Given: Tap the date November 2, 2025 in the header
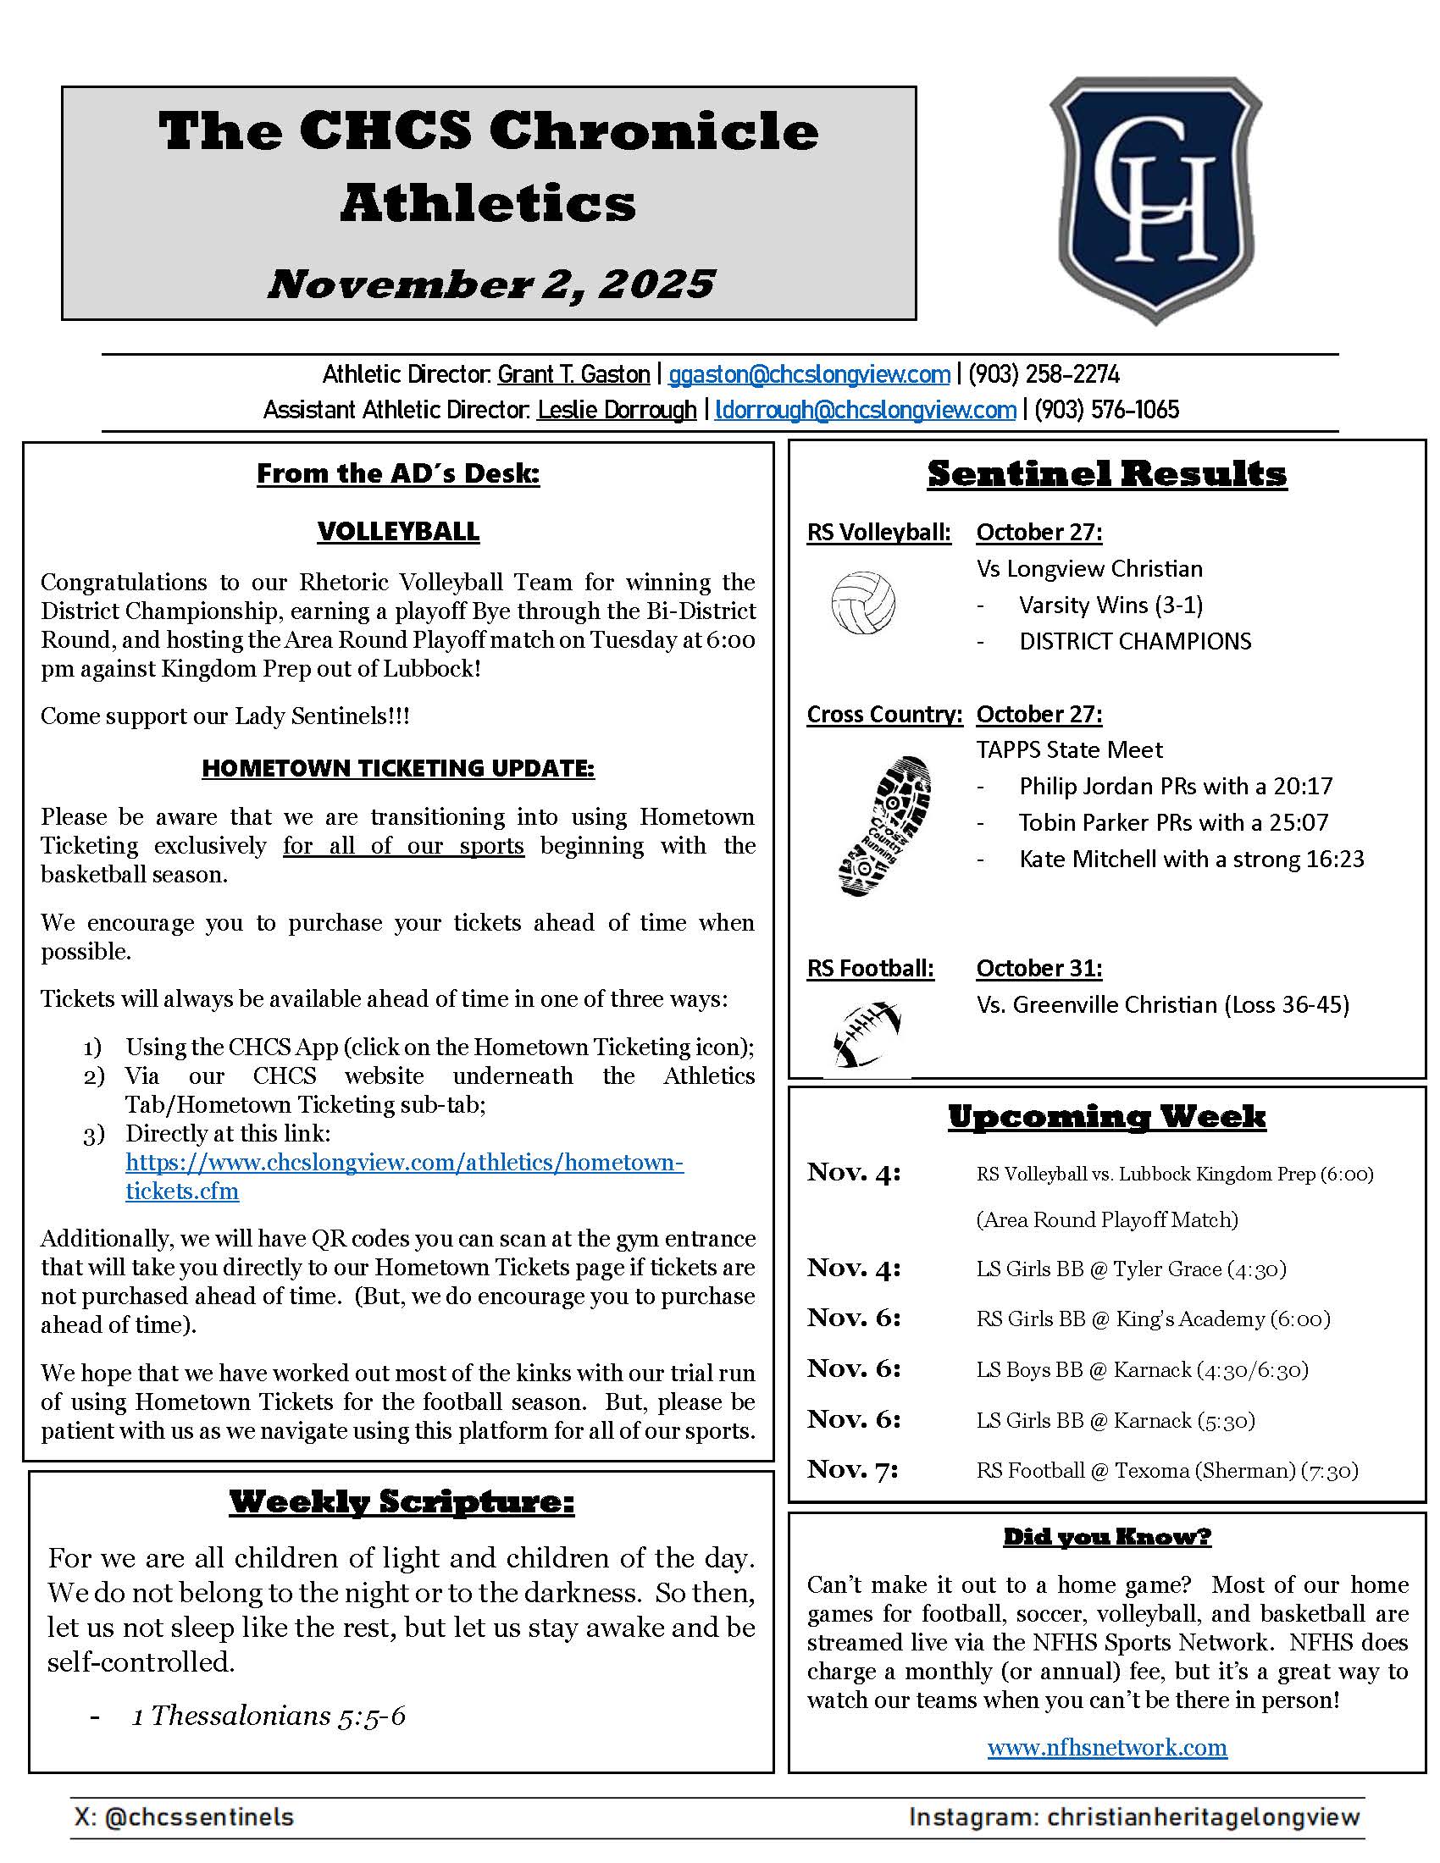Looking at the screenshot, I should point(490,284).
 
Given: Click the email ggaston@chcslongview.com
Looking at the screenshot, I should point(809,374).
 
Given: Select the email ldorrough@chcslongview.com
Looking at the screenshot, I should point(865,411).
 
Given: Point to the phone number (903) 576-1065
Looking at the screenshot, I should point(1106,411).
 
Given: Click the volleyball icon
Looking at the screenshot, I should point(862,603).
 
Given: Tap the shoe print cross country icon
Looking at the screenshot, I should point(884,825).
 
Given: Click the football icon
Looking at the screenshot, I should point(867,1035).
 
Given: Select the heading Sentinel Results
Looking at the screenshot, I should point(1106,474).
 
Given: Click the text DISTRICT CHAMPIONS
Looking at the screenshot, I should point(1134,642).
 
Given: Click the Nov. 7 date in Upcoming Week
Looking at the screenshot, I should point(852,1469).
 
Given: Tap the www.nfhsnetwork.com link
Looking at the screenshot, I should point(1106,1748).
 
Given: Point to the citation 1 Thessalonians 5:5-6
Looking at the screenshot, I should point(269,1716).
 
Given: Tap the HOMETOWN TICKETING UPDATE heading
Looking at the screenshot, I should point(397,769).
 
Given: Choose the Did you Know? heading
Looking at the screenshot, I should point(1106,1537).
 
